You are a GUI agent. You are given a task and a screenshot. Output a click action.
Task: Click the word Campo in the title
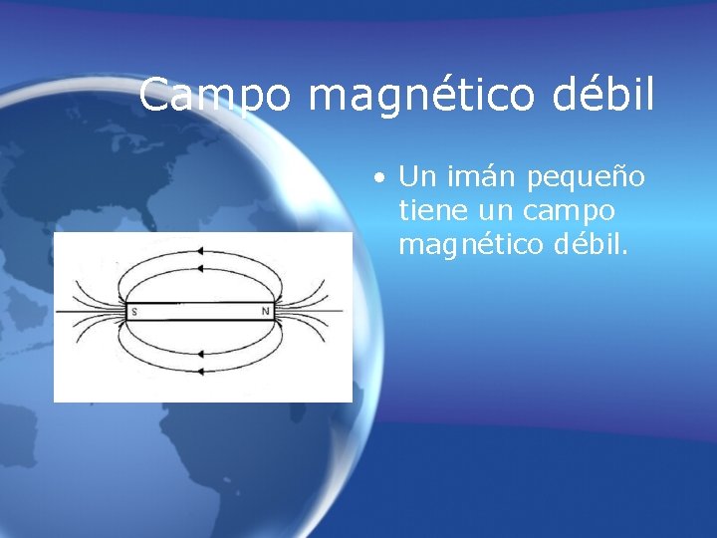coord(216,95)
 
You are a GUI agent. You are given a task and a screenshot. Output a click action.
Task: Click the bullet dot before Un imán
coord(380,179)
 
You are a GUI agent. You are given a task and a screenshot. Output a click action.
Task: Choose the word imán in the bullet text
coord(479,177)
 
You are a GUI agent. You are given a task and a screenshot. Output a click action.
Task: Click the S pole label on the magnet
coord(132,312)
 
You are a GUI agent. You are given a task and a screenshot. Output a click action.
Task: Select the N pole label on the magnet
coord(266,312)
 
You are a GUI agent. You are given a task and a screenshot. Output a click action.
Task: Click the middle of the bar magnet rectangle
coord(199,312)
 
